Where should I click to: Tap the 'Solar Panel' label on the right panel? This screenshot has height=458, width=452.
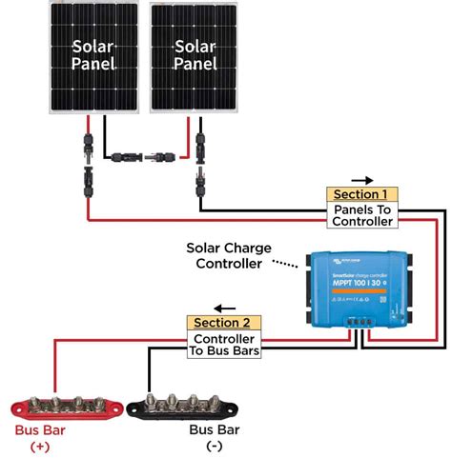tap(195, 55)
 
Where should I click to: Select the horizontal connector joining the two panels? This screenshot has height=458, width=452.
tap(144, 152)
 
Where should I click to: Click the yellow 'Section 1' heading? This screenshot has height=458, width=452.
tap(361, 194)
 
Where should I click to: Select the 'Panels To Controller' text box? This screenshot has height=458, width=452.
tap(361, 214)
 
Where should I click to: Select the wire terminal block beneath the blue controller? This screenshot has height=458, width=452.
tap(360, 323)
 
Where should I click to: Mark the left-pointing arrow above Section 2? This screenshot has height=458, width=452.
tap(222, 308)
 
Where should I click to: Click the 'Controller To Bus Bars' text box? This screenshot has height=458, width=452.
tap(223, 345)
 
